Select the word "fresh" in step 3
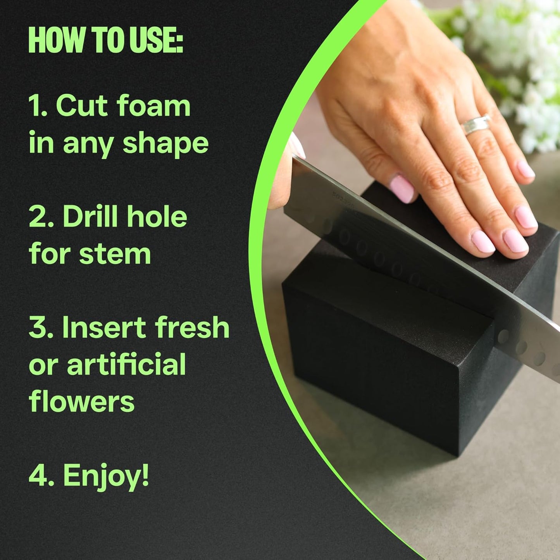click(192, 327)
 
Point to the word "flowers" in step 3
click(82, 402)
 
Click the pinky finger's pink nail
click(526, 169)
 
